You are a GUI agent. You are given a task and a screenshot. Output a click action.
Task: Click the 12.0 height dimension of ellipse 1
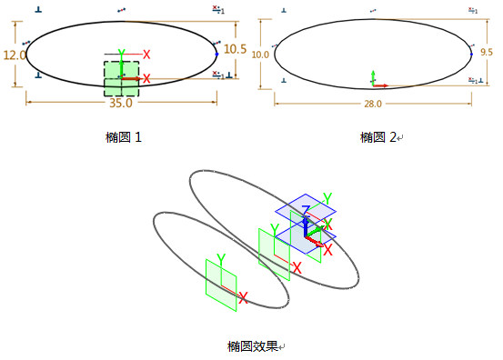coord(15,55)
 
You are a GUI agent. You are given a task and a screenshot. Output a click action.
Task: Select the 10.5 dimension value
coord(235,49)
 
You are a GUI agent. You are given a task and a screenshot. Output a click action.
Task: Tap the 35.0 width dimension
coord(120,104)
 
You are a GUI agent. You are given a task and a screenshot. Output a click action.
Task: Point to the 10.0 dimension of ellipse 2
coord(260,55)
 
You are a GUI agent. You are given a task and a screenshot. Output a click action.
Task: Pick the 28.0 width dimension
coord(373,104)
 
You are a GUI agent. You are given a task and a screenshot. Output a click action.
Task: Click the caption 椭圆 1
coord(124,137)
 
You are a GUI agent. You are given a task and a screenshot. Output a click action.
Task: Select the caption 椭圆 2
coord(379,137)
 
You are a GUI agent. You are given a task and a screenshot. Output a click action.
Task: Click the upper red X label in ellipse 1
coord(146,55)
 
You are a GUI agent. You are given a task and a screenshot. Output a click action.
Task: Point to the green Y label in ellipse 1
coord(120,55)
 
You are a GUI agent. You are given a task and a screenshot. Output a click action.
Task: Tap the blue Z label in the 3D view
coord(306,211)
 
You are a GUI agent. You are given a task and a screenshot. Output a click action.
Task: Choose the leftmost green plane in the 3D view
coord(220,285)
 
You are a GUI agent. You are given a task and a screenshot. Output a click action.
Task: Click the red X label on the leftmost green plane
coord(243,297)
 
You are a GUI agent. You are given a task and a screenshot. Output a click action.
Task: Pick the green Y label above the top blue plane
coord(327,198)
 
